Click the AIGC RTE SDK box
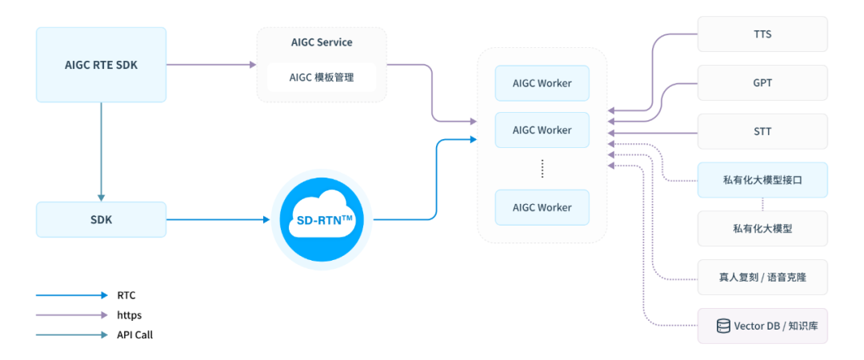pyautogui.click(x=101, y=65)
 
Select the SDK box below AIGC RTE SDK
pyautogui.click(x=101, y=219)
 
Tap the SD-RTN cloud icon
pyautogui.click(x=321, y=219)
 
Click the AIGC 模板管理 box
pyautogui.click(x=321, y=78)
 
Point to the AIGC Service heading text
pyautogui.click(x=322, y=42)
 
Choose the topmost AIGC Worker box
pyautogui.click(x=542, y=83)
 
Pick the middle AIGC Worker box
pyautogui.click(x=542, y=130)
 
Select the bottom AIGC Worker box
pyautogui.click(x=542, y=207)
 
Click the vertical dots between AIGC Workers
pyautogui.click(x=542, y=168)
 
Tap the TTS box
pyautogui.click(x=762, y=34)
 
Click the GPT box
pyautogui.click(x=762, y=82)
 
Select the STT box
pyautogui.click(x=762, y=131)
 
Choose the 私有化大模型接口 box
pyautogui.click(x=762, y=181)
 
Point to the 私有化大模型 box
pyautogui.click(x=762, y=229)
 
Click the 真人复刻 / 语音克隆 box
pyautogui.click(x=762, y=277)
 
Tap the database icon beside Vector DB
pyautogui.click(x=723, y=326)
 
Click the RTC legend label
pyautogui.click(x=126, y=295)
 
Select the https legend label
pyautogui.click(x=129, y=315)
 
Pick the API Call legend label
pyautogui.click(x=134, y=335)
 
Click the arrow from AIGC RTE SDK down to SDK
pyautogui.click(x=101, y=152)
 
